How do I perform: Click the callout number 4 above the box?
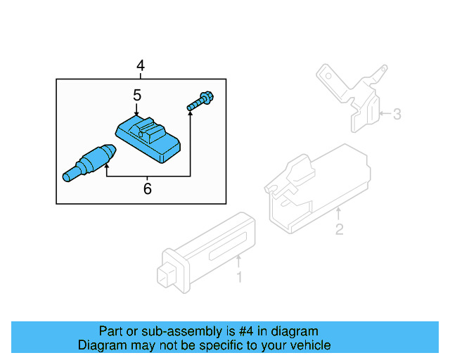(141, 66)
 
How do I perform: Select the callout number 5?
(137, 94)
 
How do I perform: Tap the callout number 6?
(147, 188)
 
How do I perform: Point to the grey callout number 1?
(238, 278)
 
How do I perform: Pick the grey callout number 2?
(339, 229)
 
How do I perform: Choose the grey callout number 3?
(397, 113)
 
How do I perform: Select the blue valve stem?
(88, 162)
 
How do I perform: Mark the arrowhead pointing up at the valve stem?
(106, 167)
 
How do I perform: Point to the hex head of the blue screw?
(208, 98)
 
